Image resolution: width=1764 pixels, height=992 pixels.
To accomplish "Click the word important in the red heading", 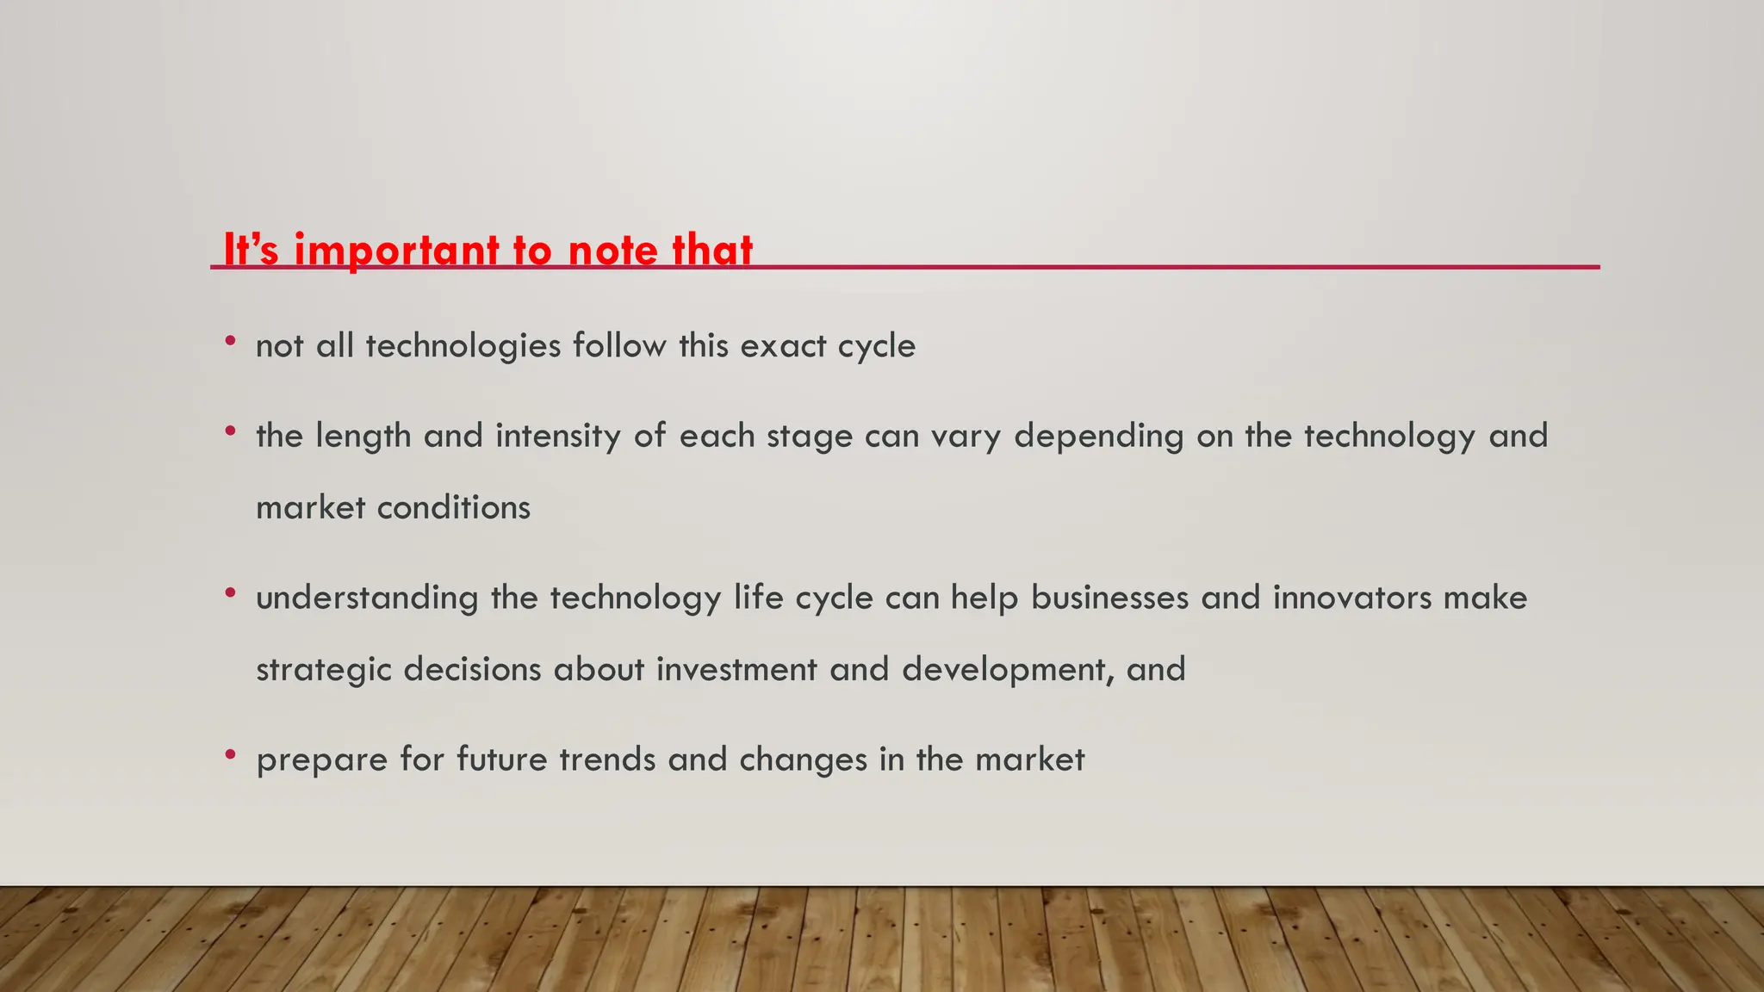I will [x=396, y=251].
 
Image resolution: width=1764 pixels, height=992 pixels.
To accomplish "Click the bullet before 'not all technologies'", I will [x=230, y=342].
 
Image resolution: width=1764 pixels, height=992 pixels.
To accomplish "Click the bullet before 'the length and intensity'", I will [x=230, y=431].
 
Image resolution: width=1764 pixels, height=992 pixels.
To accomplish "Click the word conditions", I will [x=453, y=508].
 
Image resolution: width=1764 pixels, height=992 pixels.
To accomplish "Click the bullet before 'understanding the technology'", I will [x=230, y=593].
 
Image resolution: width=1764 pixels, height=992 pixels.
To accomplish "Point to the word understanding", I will [x=367, y=598].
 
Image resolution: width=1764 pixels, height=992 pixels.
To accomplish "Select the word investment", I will [x=736, y=670].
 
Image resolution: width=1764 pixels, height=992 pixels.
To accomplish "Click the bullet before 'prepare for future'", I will [x=230, y=755].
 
